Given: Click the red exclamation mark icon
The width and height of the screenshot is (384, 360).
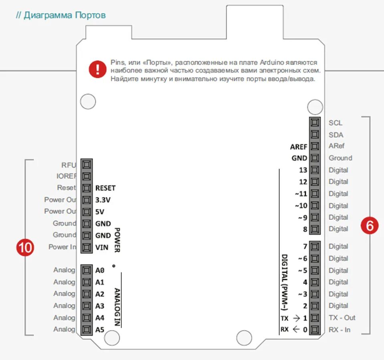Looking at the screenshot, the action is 97,69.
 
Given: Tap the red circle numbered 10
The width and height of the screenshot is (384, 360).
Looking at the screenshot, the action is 25,247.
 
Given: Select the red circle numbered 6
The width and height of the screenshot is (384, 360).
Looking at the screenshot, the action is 369,225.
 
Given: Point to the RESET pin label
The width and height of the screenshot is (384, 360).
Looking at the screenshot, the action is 105,188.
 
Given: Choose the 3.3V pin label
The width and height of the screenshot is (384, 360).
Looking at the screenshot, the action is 103,200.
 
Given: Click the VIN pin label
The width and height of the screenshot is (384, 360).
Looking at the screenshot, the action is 101,247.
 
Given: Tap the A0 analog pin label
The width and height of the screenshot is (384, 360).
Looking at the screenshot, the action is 100,270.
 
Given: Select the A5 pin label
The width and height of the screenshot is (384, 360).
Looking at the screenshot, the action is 100,330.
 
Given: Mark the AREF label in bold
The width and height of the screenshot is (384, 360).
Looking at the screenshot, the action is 299,147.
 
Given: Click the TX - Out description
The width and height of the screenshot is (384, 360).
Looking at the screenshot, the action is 342,318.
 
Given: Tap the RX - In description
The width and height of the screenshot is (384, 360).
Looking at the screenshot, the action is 340,330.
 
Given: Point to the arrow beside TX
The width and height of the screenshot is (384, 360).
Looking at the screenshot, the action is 296,318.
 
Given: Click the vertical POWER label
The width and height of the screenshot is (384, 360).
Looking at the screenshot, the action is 117,240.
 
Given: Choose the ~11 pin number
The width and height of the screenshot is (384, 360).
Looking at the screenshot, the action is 301,194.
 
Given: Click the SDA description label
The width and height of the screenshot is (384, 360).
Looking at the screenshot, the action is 335,135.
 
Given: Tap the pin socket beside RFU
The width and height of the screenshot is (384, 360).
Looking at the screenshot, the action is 86,164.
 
